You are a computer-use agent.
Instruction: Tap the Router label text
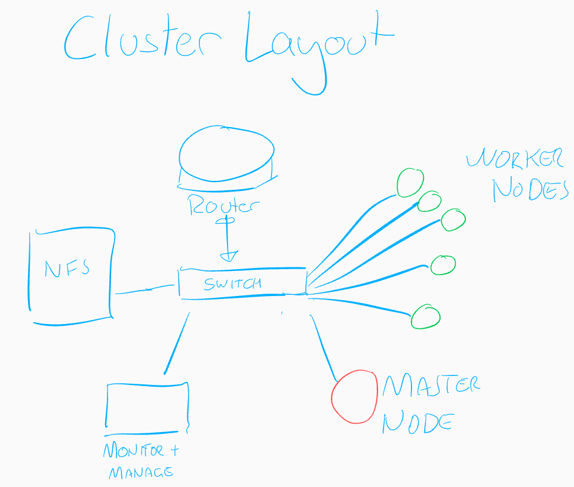(224, 206)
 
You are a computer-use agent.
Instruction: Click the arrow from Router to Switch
(227, 239)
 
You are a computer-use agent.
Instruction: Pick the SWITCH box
(242, 283)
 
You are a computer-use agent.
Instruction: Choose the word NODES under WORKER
(529, 190)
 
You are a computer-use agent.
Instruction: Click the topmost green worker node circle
(410, 182)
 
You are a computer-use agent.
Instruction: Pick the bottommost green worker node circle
(425, 316)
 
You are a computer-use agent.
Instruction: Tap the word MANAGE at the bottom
(141, 473)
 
